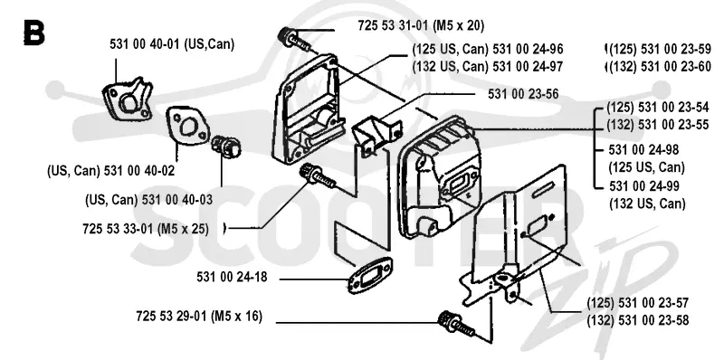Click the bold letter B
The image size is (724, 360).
pyautogui.click(x=33, y=33)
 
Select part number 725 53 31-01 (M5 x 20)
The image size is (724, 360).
pyautogui.click(x=421, y=26)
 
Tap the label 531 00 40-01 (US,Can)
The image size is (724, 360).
pyautogui.click(x=172, y=44)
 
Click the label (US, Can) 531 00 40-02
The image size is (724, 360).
pyautogui.click(x=110, y=171)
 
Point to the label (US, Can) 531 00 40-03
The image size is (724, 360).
pyautogui.click(x=149, y=200)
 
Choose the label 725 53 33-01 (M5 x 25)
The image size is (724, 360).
pyautogui.click(x=146, y=229)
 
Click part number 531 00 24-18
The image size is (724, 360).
pyautogui.click(x=232, y=278)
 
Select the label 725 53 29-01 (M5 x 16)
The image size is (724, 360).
pyautogui.click(x=199, y=317)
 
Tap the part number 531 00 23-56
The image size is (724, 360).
pyautogui.click(x=523, y=94)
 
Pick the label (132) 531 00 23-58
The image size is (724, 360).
pyautogui.click(x=638, y=320)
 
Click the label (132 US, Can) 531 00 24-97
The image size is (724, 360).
pyautogui.click(x=488, y=66)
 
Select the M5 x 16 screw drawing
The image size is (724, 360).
pyautogui.click(x=456, y=324)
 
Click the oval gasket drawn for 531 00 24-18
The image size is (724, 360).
pyautogui.click(x=369, y=276)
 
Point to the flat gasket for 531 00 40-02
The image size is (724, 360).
pyautogui.click(x=188, y=127)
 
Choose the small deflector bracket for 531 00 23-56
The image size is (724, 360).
pyautogui.click(x=376, y=132)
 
